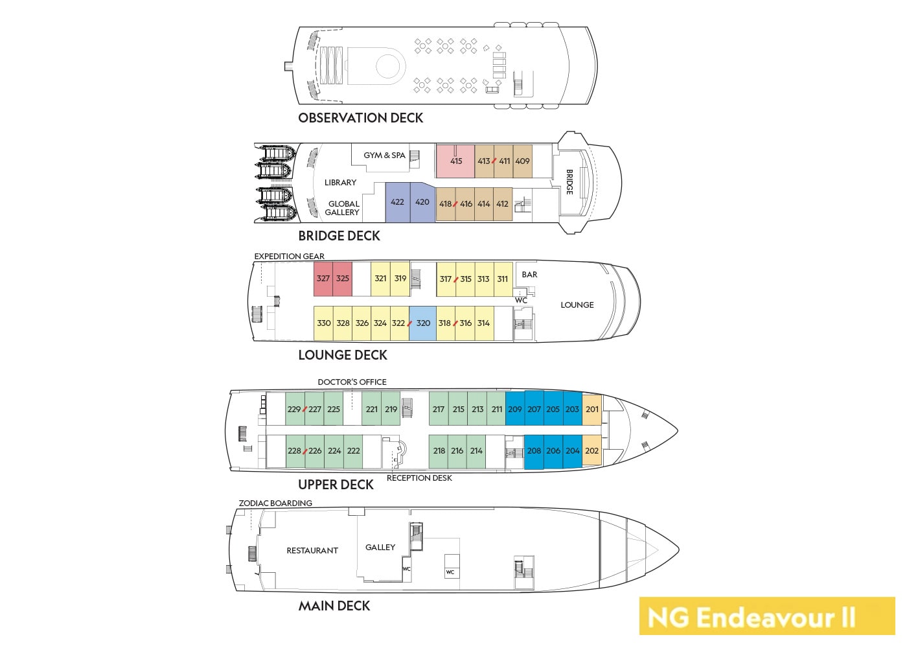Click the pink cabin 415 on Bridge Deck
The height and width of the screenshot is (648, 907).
point(455,161)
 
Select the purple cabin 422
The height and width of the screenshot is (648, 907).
point(397,202)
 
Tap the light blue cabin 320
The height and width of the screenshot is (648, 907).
point(423,323)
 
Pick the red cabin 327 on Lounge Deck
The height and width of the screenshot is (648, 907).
point(323,279)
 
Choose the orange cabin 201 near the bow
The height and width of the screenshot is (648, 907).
point(592,410)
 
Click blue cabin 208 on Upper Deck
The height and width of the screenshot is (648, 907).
point(534,451)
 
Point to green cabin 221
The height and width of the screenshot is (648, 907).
point(371,410)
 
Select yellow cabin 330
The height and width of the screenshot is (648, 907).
point(324,323)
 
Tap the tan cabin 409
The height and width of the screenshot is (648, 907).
point(522,161)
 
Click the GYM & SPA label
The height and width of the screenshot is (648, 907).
point(384,156)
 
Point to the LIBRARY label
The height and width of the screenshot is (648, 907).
point(340,183)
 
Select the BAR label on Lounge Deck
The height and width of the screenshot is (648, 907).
point(529,275)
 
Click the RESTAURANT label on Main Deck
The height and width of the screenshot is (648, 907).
point(312,551)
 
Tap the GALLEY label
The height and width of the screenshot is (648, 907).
point(380,548)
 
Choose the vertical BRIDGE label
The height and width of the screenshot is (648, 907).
point(569,181)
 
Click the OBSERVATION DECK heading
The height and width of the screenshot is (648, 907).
point(360,118)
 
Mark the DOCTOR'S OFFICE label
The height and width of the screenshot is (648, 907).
point(352,382)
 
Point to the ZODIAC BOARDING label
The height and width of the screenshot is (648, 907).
point(275,503)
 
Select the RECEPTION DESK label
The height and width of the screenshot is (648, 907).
point(419,478)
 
